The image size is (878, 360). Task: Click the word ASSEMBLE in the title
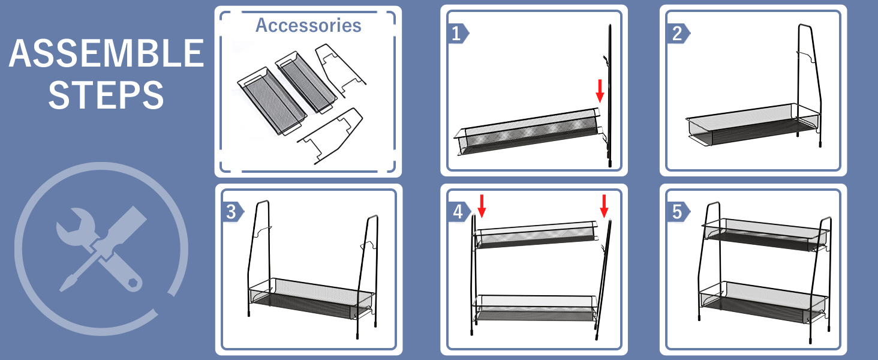(106, 54)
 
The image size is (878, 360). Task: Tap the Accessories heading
(308, 25)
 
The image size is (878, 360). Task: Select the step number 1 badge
(457, 34)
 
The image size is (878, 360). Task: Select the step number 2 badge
(677, 34)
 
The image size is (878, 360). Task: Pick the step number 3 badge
(231, 212)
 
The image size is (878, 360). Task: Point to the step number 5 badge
(677, 212)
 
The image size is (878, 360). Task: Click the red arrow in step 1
(599, 90)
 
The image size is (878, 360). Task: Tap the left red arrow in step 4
(482, 205)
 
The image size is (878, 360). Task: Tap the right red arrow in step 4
(604, 205)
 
